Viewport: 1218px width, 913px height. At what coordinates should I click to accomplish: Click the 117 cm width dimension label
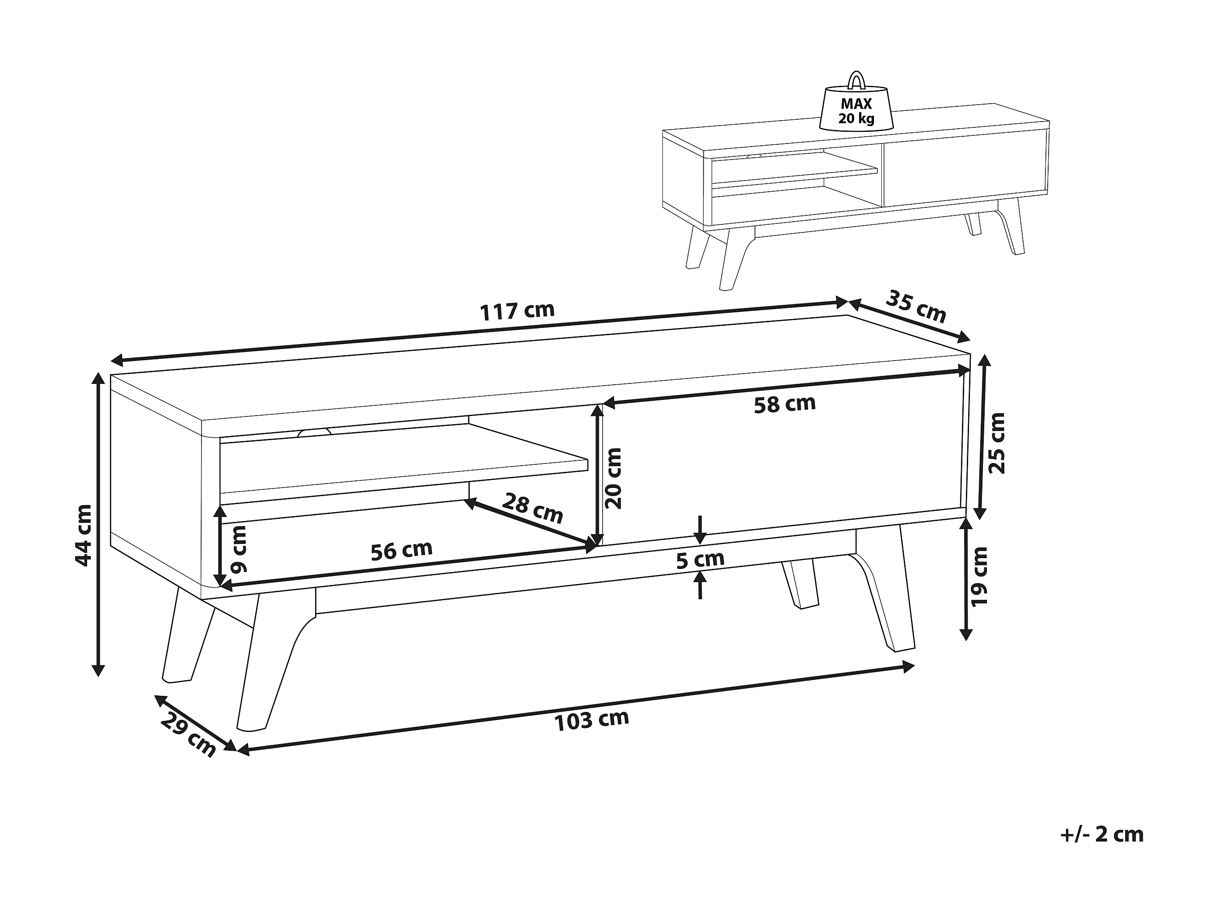(x=517, y=311)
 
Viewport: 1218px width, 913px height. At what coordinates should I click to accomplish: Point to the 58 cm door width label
(x=784, y=404)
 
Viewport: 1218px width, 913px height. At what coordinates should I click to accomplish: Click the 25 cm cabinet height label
(x=997, y=443)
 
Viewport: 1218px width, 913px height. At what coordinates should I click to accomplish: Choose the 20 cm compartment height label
(x=612, y=478)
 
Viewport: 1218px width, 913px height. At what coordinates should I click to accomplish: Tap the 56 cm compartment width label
(x=401, y=550)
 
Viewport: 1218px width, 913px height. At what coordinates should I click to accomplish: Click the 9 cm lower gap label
(x=239, y=549)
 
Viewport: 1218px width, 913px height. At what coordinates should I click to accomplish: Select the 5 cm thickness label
(x=700, y=560)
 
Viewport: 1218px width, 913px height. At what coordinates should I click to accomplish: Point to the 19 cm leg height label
(x=980, y=576)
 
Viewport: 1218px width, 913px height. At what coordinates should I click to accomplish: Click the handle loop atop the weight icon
(x=856, y=80)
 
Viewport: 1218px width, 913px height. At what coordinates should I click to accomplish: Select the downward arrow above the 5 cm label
(x=700, y=529)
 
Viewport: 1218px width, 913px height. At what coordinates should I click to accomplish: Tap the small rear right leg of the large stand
(x=800, y=584)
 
